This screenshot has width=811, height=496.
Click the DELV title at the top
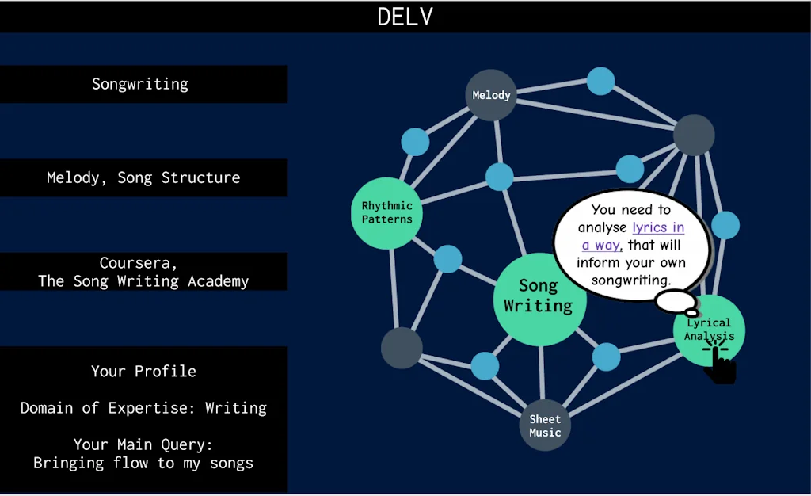[x=405, y=17]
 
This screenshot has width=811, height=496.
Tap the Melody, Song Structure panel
[x=143, y=177]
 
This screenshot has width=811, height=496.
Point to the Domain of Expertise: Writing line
[x=143, y=408]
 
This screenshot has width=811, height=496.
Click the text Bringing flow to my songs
[x=143, y=463]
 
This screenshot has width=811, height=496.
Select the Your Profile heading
[x=143, y=371]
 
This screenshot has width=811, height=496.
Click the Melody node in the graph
[x=491, y=95]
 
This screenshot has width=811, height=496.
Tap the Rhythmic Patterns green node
[x=387, y=213]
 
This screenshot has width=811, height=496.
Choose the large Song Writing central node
[x=539, y=296]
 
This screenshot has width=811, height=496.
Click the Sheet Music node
[x=545, y=425]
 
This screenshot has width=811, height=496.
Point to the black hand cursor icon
[x=720, y=364]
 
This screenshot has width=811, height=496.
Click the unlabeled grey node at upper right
[x=694, y=135]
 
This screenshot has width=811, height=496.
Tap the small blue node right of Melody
[x=600, y=81]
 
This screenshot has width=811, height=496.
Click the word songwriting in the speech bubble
[x=631, y=280]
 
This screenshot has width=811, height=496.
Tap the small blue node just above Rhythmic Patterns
[x=415, y=142]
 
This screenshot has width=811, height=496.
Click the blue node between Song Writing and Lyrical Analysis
[x=607, y=357]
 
